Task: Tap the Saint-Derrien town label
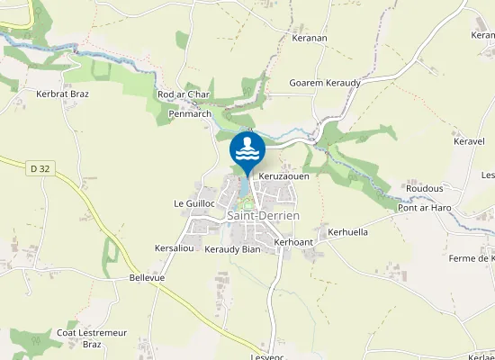263,216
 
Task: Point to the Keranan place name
310,40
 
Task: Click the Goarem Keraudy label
324,83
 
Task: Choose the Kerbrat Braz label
62,93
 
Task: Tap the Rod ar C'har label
184,94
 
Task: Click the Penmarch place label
189,114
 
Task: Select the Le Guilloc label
194,204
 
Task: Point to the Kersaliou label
175,247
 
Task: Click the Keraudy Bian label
231,249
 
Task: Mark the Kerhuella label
348,231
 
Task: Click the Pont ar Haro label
424,208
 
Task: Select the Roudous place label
424,188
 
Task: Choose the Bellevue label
147,278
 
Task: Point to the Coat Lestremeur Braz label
93,338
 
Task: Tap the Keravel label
469,142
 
